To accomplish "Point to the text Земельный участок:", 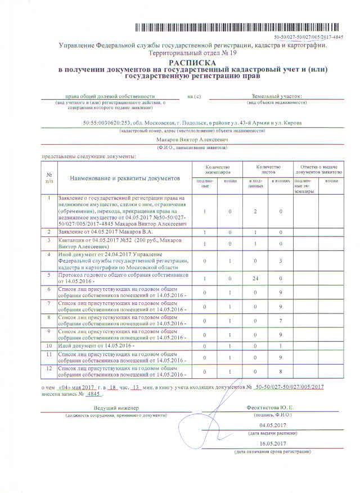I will [277, 96].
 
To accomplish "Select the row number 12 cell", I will [49, 367].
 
